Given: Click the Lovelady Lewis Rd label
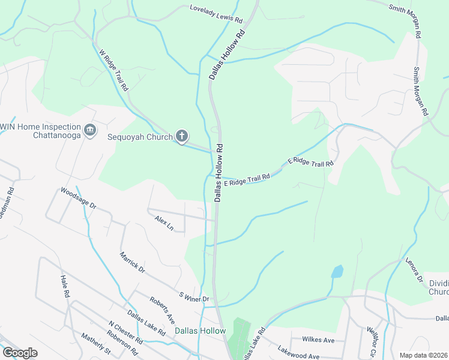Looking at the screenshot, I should click(216, 14).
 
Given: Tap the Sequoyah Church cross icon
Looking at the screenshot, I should click(182, 136).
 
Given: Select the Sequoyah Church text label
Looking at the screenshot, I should click(140, 136).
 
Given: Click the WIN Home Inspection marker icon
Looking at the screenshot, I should click(90, 131).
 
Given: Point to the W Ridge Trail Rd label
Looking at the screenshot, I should click(114, 70).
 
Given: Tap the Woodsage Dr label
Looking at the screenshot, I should click(79, 197).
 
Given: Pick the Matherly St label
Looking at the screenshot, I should click(96, 346).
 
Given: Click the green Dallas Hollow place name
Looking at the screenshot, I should click(200, 331).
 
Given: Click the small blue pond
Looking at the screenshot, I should click(337, 271).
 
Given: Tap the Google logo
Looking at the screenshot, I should click(20, 353).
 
